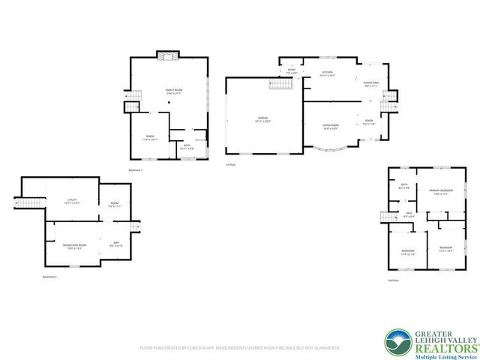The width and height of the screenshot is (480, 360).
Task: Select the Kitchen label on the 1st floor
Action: [x=327, y=72]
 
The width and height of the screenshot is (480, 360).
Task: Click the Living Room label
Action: [x=330, y=125]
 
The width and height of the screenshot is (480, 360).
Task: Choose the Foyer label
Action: [x=369, y=121]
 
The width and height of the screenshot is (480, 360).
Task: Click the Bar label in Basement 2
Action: [x=116, y=241]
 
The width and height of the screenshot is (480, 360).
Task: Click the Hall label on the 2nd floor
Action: [x=410, y=214]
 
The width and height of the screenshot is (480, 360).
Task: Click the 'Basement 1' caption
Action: [x=136, y=170]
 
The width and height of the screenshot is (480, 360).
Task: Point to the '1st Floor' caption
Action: [x=230, y=164]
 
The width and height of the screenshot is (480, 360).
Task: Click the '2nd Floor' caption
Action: [x=393, y=280]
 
